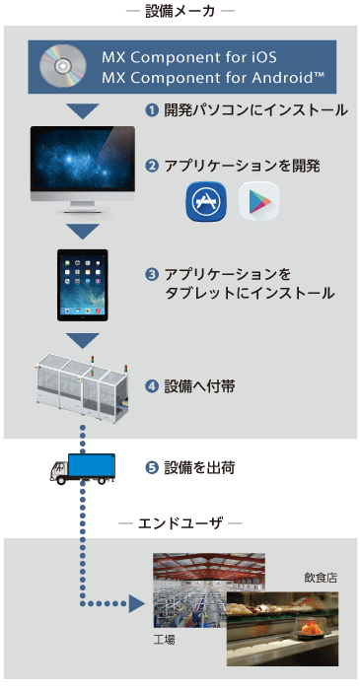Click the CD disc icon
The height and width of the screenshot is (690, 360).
[61, 66]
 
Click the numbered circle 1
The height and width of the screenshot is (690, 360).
[152, 110]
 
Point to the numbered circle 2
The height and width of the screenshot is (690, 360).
[152, 165]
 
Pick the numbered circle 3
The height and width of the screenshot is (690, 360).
[152, 273]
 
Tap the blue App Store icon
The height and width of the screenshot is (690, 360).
[204, 201]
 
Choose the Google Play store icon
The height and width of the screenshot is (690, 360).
[258, 201]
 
